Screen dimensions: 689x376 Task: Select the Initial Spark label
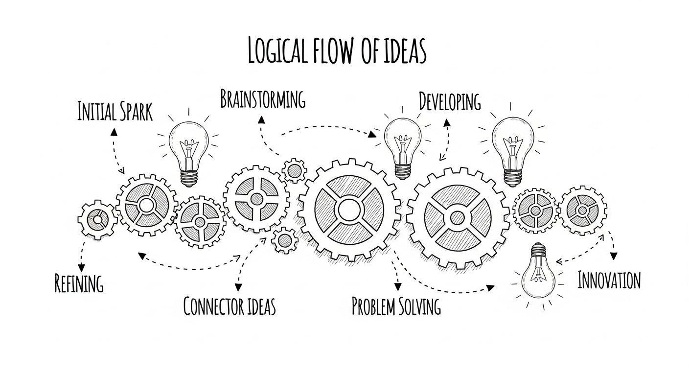click(115, 112)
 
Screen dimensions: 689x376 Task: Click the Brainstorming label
click(263, 99)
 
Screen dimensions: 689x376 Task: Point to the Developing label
click(450, 102)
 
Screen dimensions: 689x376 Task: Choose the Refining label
click(79, 283)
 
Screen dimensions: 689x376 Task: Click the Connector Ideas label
click(230, 306)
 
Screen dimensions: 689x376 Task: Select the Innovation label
click(609, 281)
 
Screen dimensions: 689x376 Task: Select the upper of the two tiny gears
click(295, 171)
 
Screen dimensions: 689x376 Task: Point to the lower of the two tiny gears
click(284, 240)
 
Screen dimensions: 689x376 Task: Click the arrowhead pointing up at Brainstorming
click(261, 119)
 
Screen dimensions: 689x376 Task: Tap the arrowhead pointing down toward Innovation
click(614, 257)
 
